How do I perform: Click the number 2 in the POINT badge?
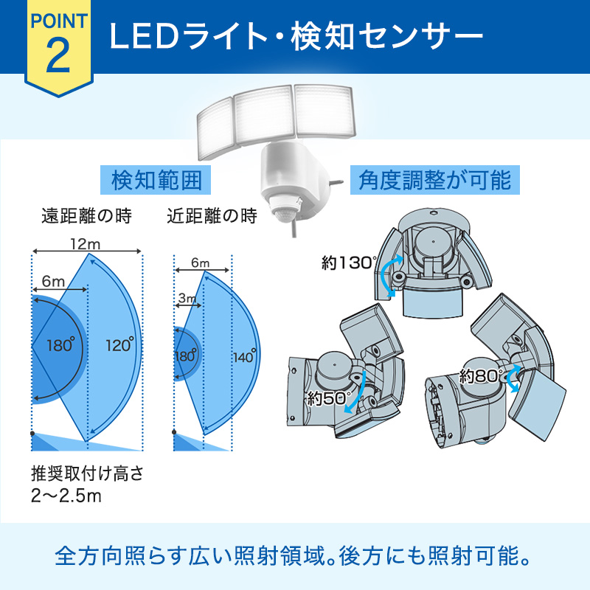58,55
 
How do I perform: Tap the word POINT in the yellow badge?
59,21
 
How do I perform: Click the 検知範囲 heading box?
156,180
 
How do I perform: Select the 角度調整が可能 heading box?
434,180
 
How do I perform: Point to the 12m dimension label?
86,245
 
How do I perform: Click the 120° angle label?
119,345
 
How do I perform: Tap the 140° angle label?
245,356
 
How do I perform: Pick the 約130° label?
349,263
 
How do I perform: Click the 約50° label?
329,398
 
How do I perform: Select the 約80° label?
481,376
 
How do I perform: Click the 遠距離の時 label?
86,216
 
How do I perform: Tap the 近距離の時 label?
212,216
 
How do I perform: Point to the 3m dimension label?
187,299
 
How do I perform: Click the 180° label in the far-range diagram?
60,345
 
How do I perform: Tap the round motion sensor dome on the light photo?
285,215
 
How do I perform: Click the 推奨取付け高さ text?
87,473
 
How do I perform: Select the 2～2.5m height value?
66,496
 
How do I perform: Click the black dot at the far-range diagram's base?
32,434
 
